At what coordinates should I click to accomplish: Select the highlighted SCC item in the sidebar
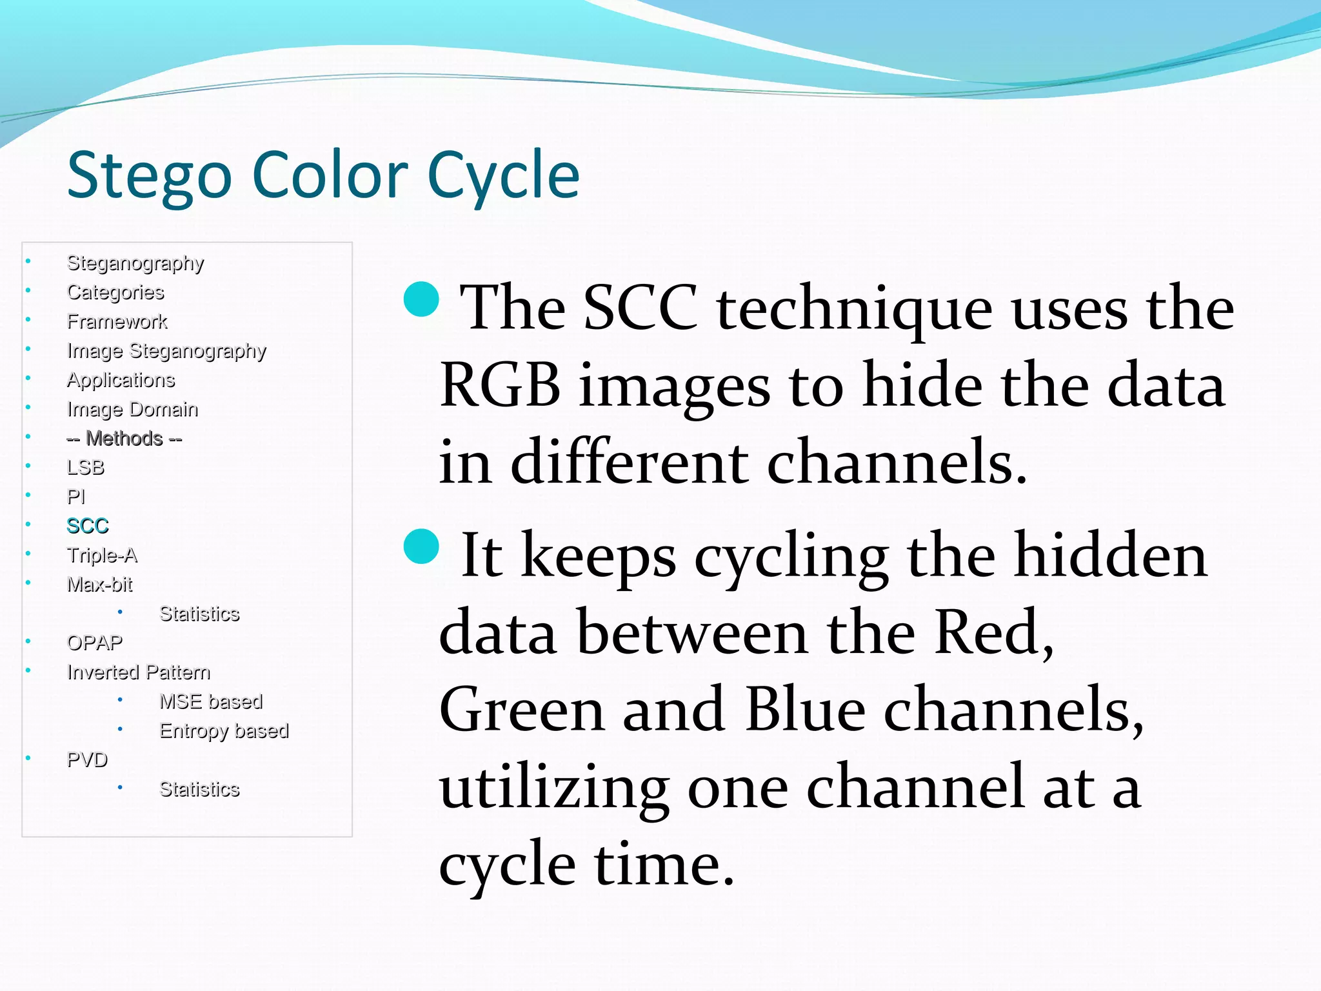[88, 526]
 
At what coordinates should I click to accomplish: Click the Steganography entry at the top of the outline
[135, 263]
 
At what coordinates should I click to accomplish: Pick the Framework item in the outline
[117, 321]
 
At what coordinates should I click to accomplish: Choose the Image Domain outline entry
[132, 409]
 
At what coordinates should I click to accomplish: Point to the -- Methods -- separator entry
[124, 439]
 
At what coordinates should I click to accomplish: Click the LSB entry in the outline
[85, 467]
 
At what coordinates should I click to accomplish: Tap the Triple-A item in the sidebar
[102, 555]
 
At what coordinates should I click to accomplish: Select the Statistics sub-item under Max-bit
[199, 614]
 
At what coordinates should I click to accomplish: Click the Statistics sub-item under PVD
[199, 789]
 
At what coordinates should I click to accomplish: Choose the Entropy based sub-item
[224, 731]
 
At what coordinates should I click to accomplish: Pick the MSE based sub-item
[211, 701]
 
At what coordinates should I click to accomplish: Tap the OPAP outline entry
[94, 643]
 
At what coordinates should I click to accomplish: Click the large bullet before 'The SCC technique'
[421, 299]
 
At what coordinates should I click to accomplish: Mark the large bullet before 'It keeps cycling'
[421, 546]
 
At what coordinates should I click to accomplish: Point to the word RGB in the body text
[500, 386]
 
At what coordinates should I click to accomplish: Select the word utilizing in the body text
[553, 788]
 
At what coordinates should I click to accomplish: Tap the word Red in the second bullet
[994, 632]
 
